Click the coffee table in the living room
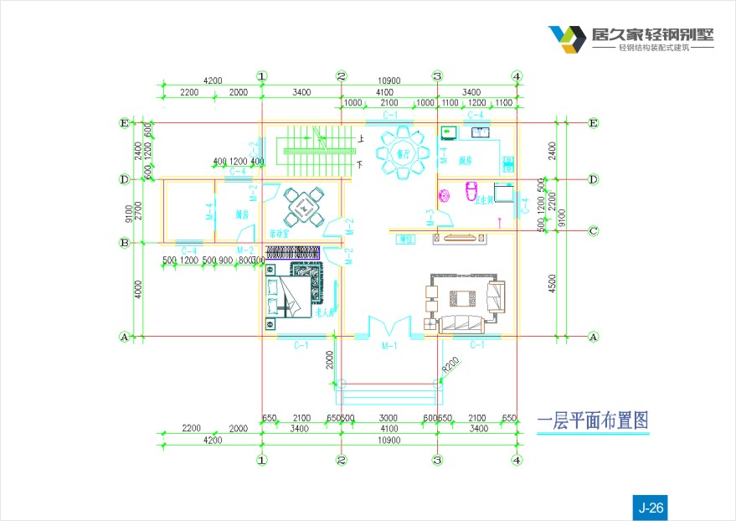coord(462,299)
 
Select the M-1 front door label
coord(389,345)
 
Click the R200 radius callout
coord(451,364)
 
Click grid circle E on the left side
coord(125,123)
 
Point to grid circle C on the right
coord(593,230)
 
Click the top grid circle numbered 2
coord(342,76)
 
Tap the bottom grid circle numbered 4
coord(517,460)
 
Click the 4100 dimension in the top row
coord(385,92)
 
